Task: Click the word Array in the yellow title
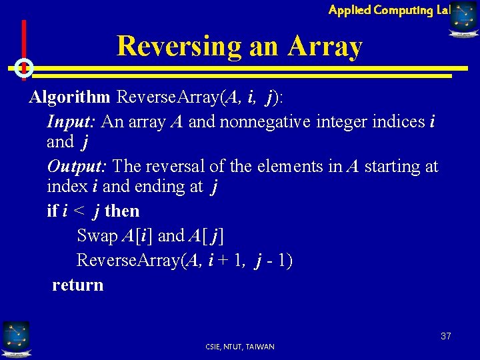[x=325, y=47]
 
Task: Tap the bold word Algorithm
[x=69, y=97]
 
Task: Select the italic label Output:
[x=78, y=166]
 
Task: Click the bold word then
[x=122, y=211]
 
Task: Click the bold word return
[x=78, y=285]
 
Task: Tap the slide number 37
[x=445, y=336]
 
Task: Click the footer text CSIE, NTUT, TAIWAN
[x=241, y=347]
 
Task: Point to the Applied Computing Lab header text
[x=389, y=9]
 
